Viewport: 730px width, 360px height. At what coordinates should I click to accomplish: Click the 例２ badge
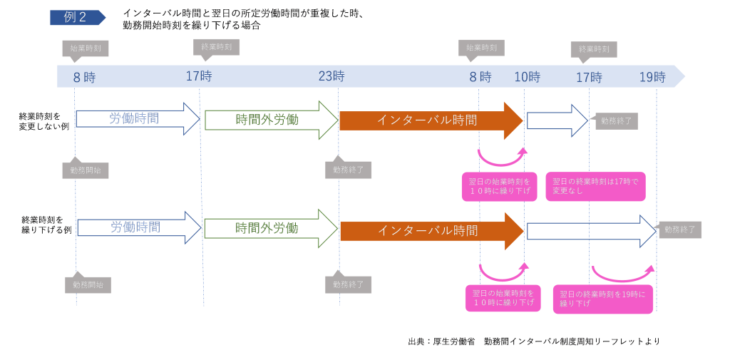pos(76,18)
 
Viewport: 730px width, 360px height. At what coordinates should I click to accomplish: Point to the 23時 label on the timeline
pos(331,76)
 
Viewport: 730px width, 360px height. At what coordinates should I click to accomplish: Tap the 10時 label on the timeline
pos(528,77)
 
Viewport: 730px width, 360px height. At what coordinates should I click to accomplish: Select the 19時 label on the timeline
pos(652,77)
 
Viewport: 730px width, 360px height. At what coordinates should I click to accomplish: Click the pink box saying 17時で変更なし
pos(595,186)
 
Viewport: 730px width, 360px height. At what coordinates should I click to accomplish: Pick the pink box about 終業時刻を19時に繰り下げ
pos(602,299)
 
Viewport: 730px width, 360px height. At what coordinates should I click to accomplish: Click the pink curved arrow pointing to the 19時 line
pos(622,274)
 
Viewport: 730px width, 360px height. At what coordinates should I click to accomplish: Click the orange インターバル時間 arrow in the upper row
pos(431,120)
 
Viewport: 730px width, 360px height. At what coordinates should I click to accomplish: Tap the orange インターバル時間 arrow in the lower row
pos(431,230)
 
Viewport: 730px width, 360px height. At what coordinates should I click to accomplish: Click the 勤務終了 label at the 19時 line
pos(679,230)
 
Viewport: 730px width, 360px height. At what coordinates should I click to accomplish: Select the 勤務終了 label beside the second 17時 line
pos(617,121)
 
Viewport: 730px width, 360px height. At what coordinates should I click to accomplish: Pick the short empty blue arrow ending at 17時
pos(557,120)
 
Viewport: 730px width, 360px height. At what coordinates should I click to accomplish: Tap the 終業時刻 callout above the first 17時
pos(216,47)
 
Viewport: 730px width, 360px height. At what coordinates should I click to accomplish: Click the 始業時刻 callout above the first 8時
pos(85,48)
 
